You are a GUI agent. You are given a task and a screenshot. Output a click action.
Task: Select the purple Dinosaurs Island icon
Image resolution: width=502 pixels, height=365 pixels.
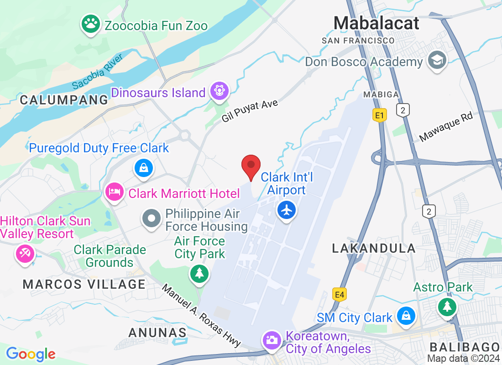pos(219,91)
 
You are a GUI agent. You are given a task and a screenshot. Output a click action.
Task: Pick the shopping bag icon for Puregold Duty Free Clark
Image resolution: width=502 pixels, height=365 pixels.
pos(144,168)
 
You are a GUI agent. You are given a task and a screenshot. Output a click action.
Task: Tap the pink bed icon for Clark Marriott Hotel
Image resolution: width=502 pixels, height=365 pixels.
pos(114,192)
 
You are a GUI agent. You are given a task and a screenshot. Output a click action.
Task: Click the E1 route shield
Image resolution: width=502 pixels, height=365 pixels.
pos(379,115)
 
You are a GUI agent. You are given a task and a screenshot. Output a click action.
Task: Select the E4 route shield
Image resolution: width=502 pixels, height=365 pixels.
pos(339,295)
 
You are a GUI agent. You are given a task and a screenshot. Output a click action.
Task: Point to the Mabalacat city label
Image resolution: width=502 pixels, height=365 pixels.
pos(376,23)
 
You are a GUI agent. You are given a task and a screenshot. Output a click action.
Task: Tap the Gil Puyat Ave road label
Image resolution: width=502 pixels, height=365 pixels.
pos(250,111)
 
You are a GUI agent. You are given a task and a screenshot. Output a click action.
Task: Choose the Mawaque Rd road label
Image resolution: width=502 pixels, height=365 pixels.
pos(446,127)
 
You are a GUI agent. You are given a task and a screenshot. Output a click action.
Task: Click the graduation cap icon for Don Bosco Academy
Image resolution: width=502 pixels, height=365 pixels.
pos(437,61)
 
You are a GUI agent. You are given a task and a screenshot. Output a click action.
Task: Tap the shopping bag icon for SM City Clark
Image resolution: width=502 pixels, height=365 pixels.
pos(405,316)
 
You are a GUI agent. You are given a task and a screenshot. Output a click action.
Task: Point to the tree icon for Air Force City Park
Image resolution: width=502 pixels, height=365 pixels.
pos(199,274)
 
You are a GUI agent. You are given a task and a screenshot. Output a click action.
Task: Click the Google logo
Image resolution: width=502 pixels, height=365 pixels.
pos(31,354)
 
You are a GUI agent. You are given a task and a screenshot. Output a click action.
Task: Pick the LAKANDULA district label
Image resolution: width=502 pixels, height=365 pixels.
pos(374,249)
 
